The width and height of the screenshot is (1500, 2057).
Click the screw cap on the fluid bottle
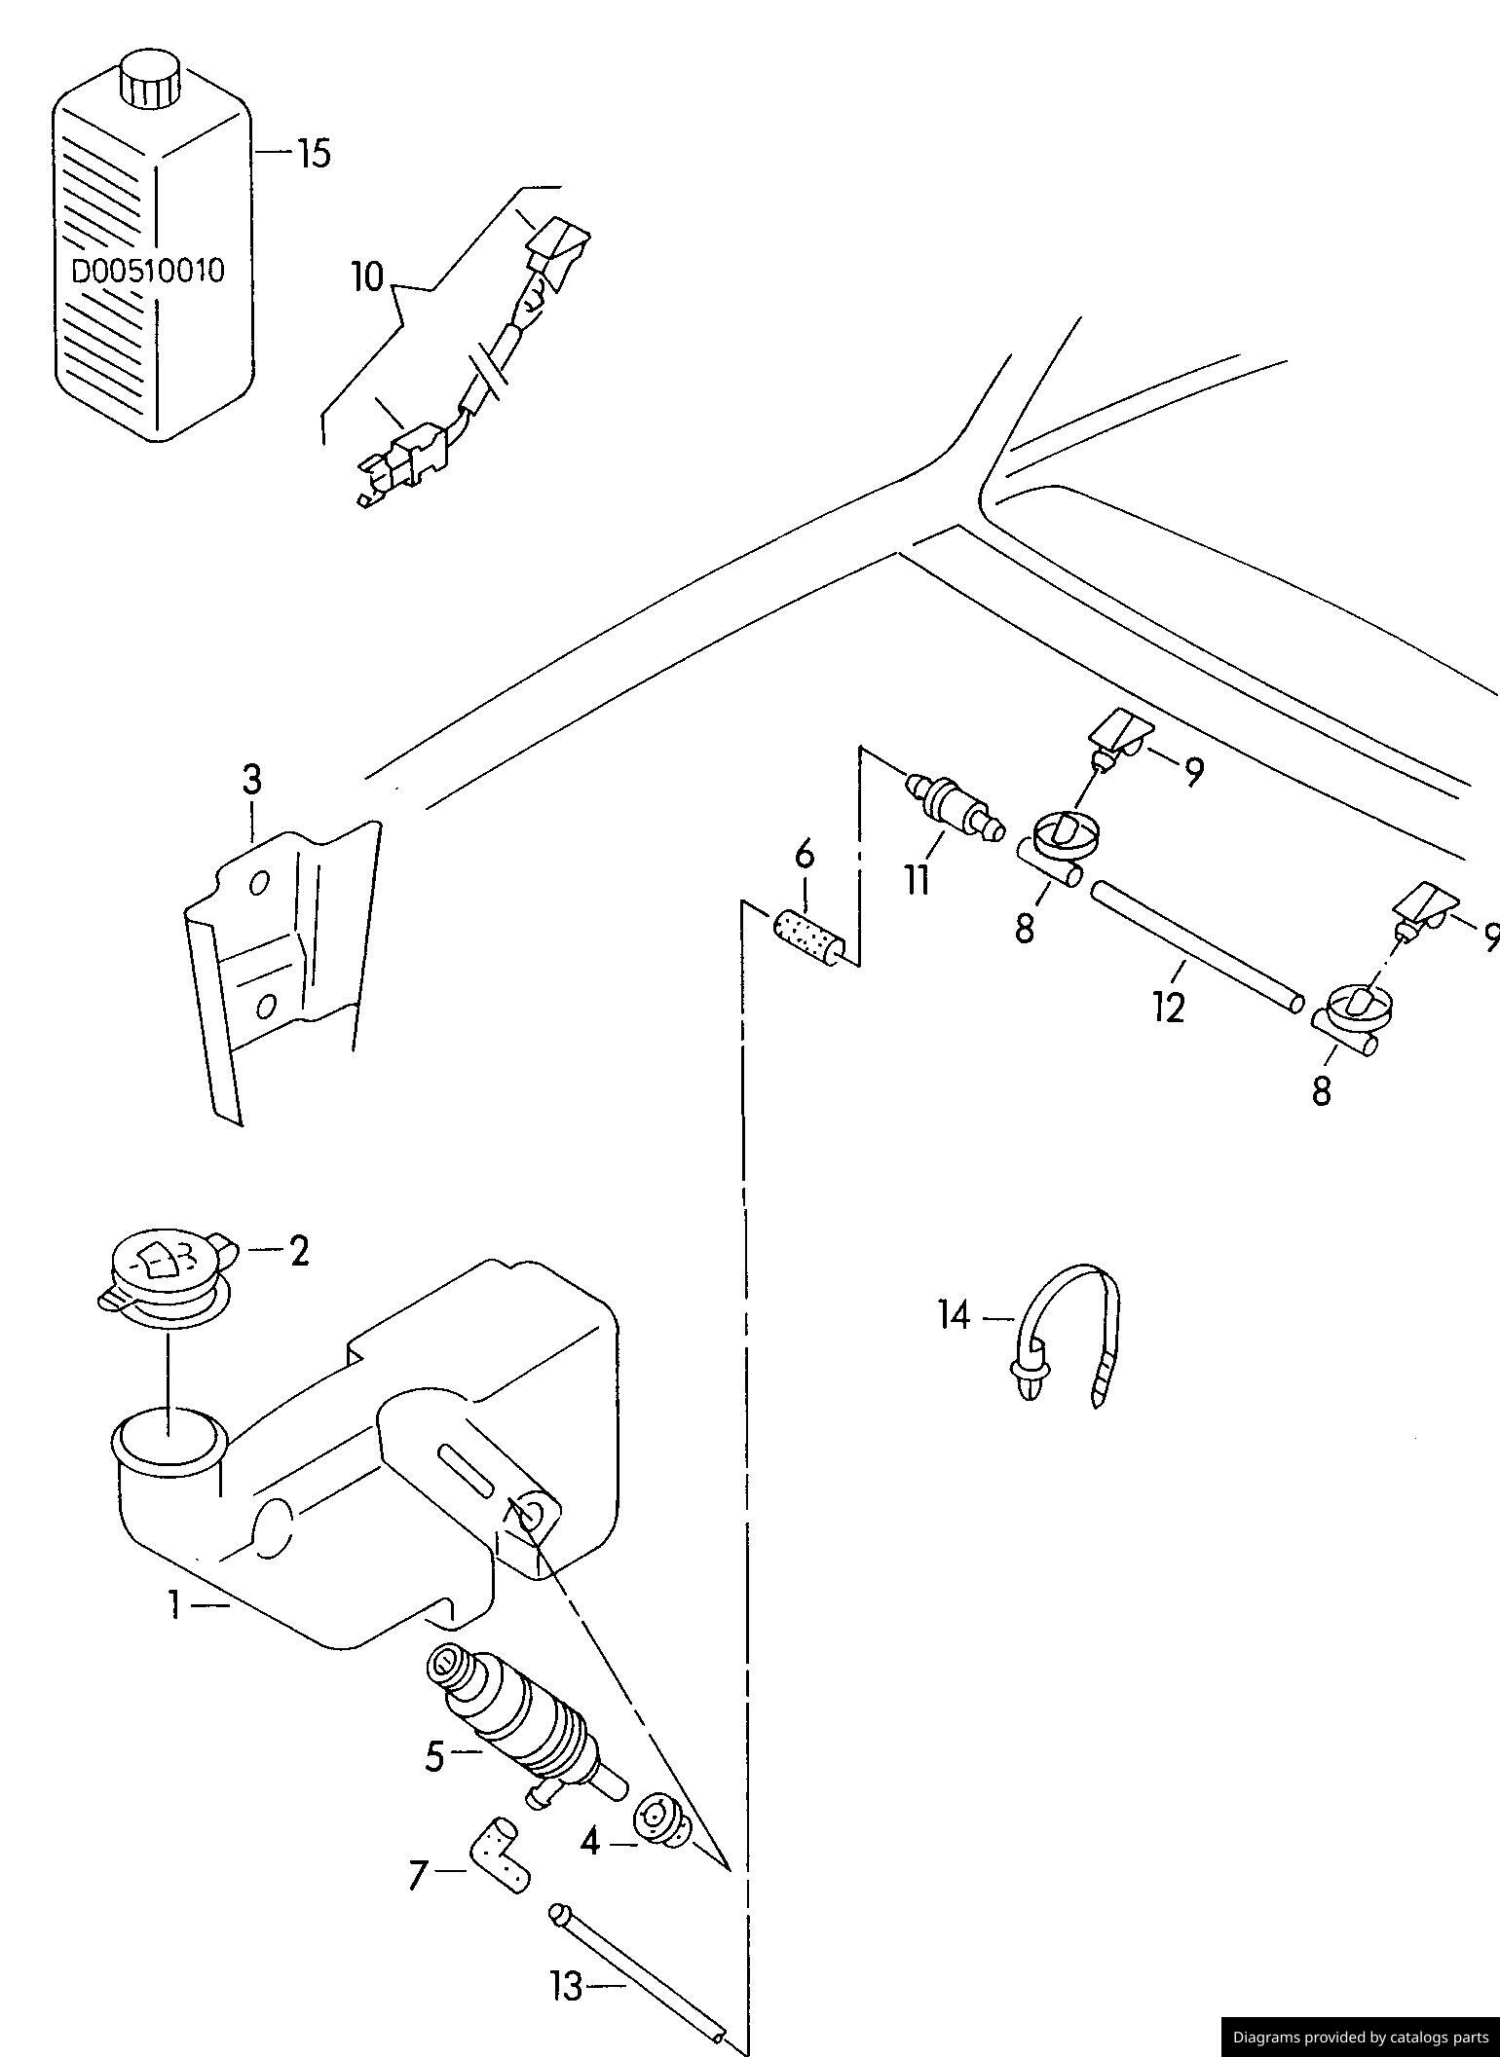(150, 78)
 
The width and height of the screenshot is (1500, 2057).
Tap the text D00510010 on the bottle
(148, 271)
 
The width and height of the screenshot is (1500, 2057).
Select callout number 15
(313, 153)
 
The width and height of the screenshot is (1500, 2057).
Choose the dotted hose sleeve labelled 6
(811, 937)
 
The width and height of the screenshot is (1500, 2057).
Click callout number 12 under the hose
(1168, 1008)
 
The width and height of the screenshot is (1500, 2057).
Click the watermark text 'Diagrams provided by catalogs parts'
(1361, 2037)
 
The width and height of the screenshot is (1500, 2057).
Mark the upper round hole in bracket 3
(259, 883)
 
